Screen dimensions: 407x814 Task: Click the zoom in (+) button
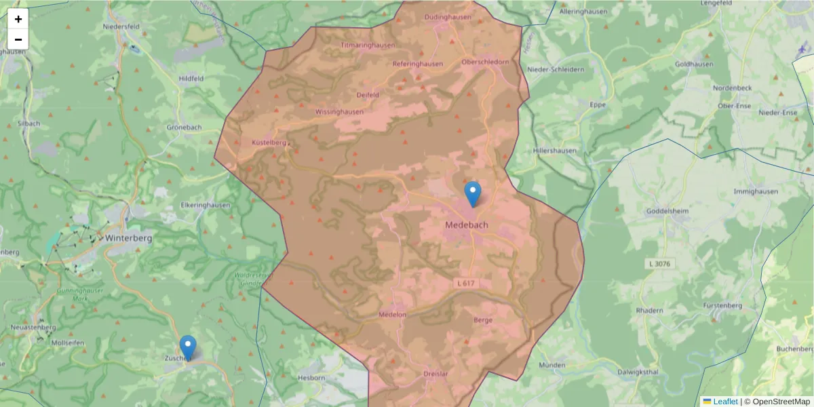(18, 19)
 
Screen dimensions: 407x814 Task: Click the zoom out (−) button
(18, 39)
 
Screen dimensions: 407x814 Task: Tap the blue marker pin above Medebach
(472, 194)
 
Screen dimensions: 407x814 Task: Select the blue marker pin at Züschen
(188, 347)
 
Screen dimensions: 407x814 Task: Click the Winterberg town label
(128, 238)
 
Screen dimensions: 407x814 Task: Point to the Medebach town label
(467, 225)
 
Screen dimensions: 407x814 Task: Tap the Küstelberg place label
(269, 143)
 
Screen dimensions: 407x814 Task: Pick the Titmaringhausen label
(367, 45)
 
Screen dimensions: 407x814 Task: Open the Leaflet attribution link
(724, 402)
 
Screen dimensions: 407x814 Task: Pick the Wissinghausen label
(339, 111)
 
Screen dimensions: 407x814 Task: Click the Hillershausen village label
(555, 151)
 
